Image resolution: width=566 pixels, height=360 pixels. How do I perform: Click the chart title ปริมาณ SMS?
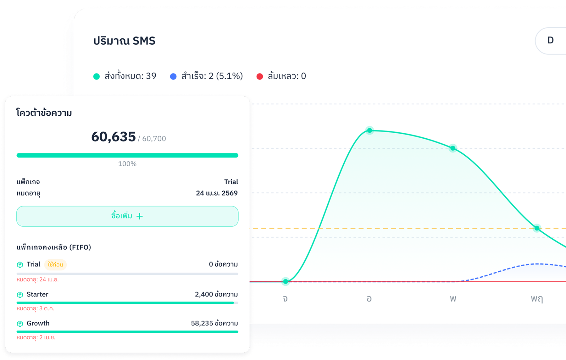coord(124,41)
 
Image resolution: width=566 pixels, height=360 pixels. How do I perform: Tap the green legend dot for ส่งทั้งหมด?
coord(97,76)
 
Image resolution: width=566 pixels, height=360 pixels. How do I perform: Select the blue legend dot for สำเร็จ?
coord(173,76)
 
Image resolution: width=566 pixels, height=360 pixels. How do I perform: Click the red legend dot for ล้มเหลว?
coord(260,76)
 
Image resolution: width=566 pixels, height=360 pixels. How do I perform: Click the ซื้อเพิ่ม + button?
coord(127,216)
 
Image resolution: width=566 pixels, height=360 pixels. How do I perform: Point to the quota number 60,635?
coord(114,137)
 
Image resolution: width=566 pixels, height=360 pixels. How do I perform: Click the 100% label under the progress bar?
coord(127,164)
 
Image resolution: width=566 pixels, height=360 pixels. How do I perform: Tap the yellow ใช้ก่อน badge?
coord(55,264)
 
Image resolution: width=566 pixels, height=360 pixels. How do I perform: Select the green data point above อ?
coord(370,130)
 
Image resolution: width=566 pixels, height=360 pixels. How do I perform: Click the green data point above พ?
coord(453,148)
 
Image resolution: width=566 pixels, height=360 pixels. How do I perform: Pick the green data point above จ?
coord(286,281)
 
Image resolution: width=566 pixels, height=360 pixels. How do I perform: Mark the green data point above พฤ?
coord(537,228)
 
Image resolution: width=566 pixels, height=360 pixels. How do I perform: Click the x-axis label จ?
coord(285,298)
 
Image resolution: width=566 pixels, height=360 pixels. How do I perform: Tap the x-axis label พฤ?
coord(537,298)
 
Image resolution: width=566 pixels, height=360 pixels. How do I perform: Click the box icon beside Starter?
coord(20,295)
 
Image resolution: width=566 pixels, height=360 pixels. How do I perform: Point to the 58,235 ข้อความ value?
coord(214,323)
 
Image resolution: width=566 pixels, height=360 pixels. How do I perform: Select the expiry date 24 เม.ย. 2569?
coord(217,193)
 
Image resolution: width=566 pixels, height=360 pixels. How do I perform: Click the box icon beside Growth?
coord(20,324)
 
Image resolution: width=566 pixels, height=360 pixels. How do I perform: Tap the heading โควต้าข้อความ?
coord(44,113)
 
